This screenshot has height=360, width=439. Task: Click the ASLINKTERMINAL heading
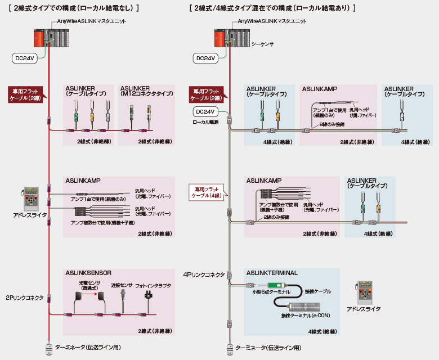point(272,272)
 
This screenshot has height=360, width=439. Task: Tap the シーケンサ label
point(262,43)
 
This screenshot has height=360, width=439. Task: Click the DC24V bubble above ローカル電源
point(205,112)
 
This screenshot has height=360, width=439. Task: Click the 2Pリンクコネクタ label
point(25,298)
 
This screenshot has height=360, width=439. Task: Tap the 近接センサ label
point(122,285)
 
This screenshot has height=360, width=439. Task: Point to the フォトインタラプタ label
point(152,285)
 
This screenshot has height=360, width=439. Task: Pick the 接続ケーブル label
point(317,292)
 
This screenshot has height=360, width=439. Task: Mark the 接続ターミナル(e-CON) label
point(305,316)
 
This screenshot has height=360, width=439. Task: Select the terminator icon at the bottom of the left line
point(49,348)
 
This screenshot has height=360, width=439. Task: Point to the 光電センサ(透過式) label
point(89,285)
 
